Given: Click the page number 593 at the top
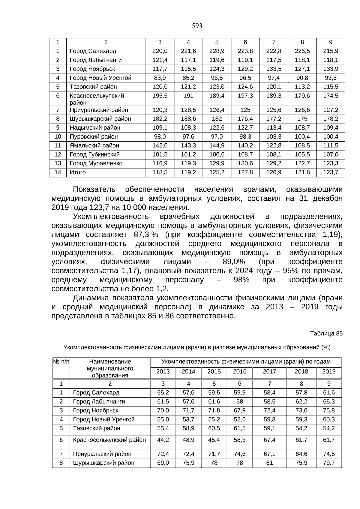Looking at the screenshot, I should point(197,26).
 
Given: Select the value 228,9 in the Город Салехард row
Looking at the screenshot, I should point(217,51).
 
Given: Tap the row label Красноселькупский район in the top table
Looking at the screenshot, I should point(97,99).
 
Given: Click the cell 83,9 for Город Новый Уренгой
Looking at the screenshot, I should point(160,78).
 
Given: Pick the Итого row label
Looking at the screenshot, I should point(78,172).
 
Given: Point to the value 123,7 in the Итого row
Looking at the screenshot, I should point(331,172).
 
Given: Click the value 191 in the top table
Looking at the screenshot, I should point(188,96).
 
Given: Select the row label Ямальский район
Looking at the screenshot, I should point(94,146).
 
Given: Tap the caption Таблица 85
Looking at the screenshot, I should point(326,334).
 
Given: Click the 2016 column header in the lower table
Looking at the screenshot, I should point(239,372).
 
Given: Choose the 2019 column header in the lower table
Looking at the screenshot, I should point(329,372).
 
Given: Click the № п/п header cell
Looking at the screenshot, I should point(61,362).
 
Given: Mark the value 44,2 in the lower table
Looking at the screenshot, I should point(163,440).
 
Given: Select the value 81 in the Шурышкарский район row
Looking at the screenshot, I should point(269,463).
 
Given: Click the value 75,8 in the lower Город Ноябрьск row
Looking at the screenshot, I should point(329,411).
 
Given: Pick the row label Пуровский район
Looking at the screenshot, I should point(94,137).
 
